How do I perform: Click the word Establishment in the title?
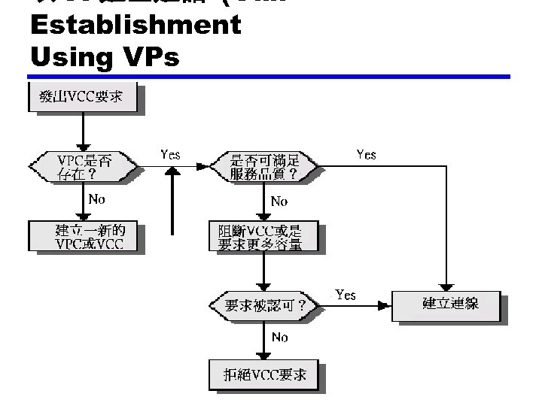pyautogui.click(x=135, y=25)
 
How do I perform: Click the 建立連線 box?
pyautogui.click(x=449, y=304)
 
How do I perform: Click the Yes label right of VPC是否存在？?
pyautogui.click(x=171, y=154)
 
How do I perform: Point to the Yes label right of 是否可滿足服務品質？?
pyautogui.click(x=366, y=154)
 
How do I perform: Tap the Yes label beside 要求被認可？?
pyautogui.click(x=345, y=295)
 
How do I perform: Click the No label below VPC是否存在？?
pyautogui.click(x=97, y=200)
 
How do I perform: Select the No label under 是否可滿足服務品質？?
pyautogui.click(x=279, y=201)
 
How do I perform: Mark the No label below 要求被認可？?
pyautogui.click(x=279, y=338)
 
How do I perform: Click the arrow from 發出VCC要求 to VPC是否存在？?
pyautogui.click(x=83, y=131)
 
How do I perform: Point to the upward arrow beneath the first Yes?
pyautogui.click(x=173, y=199)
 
